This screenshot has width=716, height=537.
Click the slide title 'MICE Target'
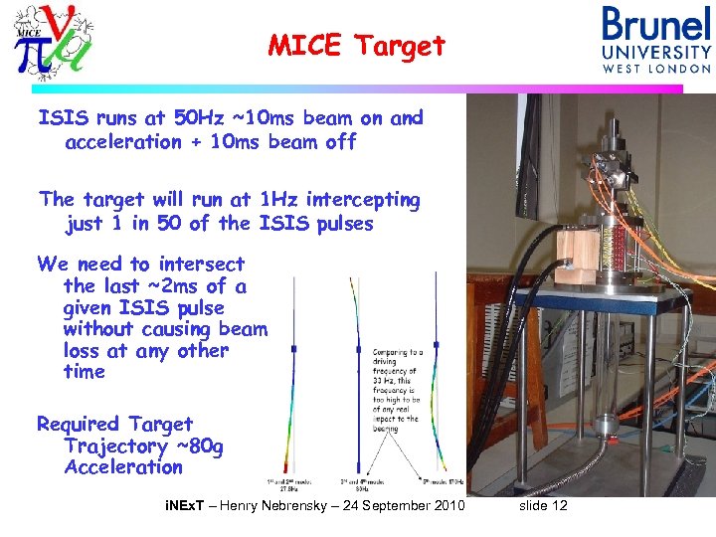pos(357,45)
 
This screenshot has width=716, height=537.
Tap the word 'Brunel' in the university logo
pos(656,25)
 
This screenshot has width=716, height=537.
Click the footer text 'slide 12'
pos(543,506)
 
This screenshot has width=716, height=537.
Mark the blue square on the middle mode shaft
pos(358,349)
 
